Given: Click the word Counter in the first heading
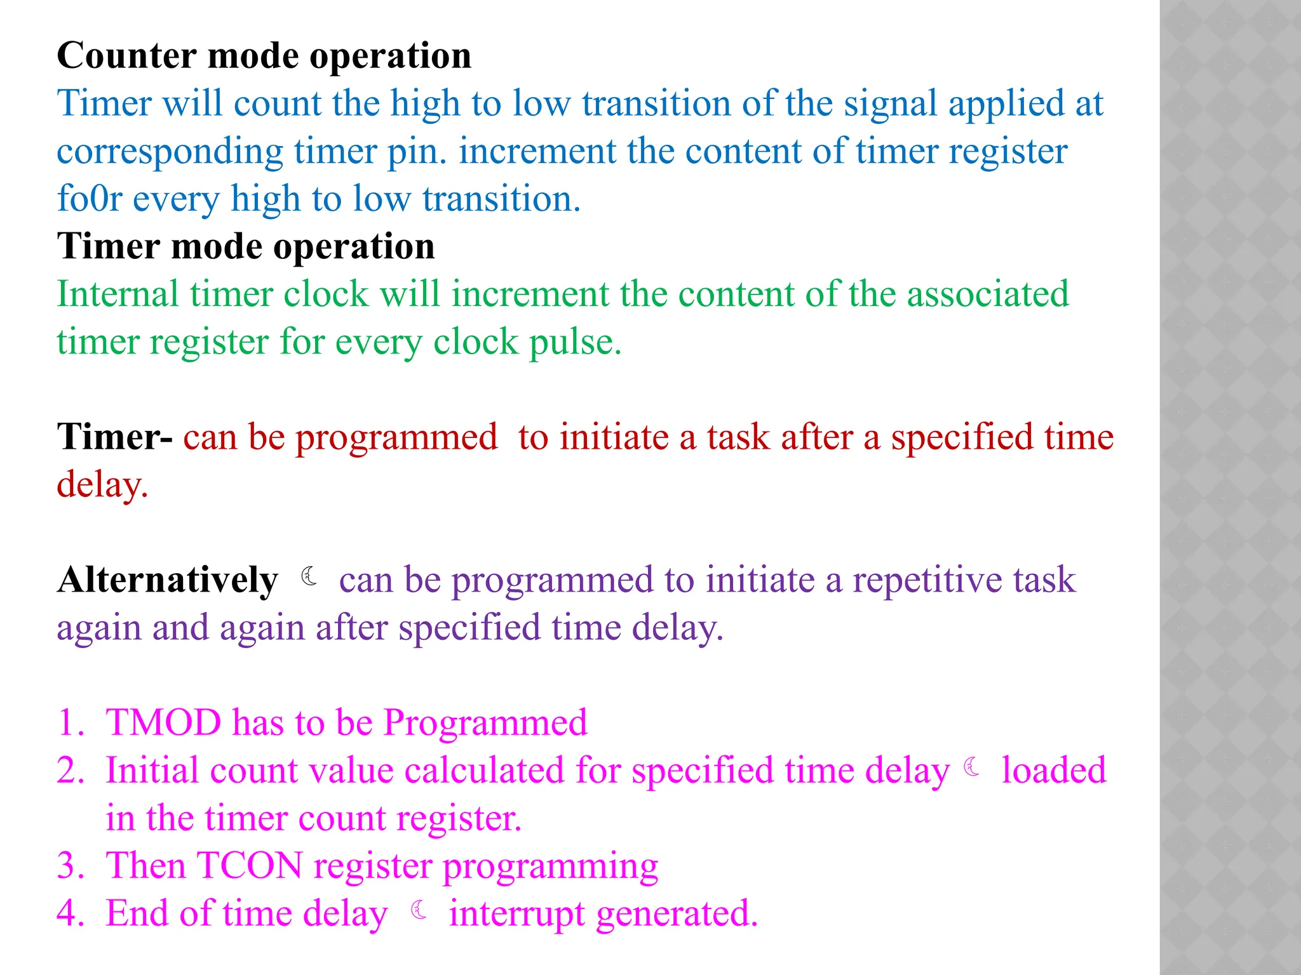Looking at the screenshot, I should pyautogui.click(x=126, y=56).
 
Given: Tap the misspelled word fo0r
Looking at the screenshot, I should pyautogui.click(x=89, y=199).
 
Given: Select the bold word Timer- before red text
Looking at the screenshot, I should pyautogui.click(x=114, y=437).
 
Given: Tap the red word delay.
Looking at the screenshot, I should pyautogui.click(x=102, y=486).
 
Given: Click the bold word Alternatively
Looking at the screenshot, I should pyautogui.click(x=168, y=580).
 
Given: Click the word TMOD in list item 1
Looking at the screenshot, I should pyautogui.click(x=163, y=723).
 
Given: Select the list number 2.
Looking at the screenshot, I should pyautogui.click(x=69, y=771).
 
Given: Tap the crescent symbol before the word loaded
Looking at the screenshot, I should pyautogui.click(x=972, y=767).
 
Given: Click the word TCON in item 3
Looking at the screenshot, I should pyautogui.click(x=250, y=866).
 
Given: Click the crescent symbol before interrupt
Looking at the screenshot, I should pyautogui.click(x=419, y=910).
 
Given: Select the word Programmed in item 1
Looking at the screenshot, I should pyautogui.click(x=485, y=723).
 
